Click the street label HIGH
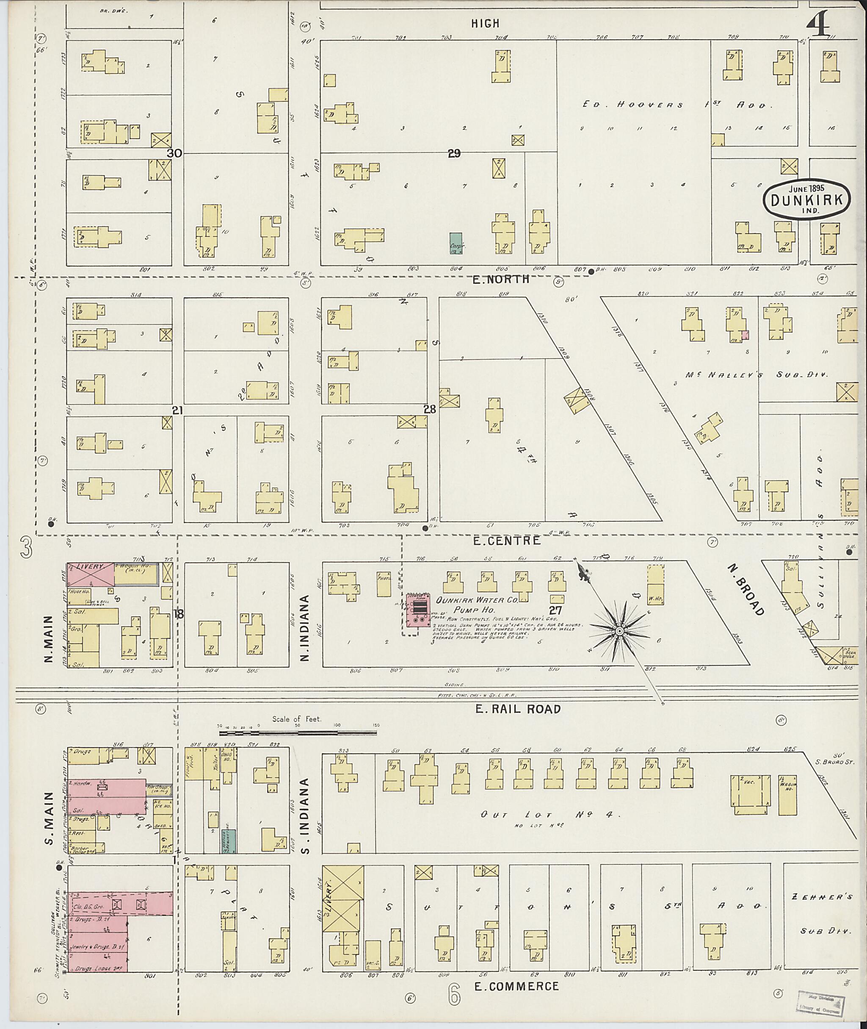pos(485,23)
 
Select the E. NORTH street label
pos(501,279)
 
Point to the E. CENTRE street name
pos(506,541)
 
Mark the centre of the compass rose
pos(620,631)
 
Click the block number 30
pos(174,153)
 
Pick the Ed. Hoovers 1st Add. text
pos(678,105)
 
